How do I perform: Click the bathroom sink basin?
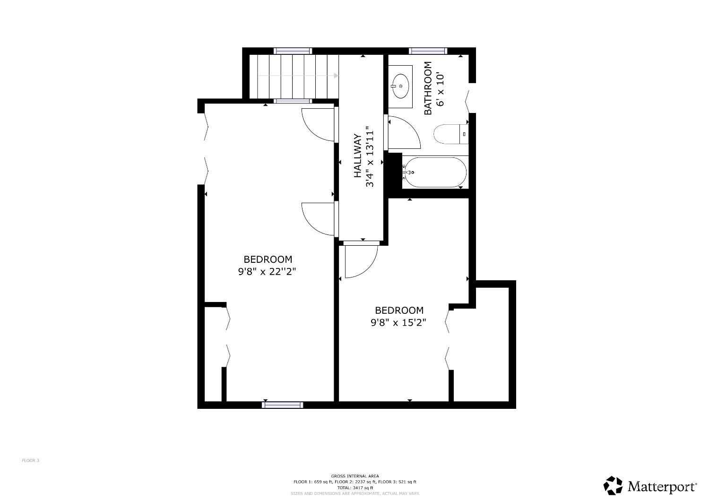pyautogui.click(x=401, y=86)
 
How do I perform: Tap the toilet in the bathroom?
pyautogui.click(x=451, y=134)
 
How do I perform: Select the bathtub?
pyautogui.click(x=435, y=173)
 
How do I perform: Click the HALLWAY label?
pyautogui.click(x=357, y=155)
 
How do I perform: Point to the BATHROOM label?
pyautogui.click(x=428, y=88)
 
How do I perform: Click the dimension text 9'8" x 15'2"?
pyautogui.click(x=398, y=322)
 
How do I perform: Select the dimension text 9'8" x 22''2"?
pyautogui.click(x=267, y=272)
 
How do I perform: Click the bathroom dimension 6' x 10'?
pyautogui.click(x=440, y=90)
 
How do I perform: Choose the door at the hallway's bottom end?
pyautogui.click(x=361, y=259)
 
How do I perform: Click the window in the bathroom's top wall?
pyautogui.click(x=428, y=51)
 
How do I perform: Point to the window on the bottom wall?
pyautogui.click(x=282, y=405)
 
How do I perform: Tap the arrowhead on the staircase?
pyautogui.click(x=336, y=76)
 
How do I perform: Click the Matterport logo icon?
pyautogui.click(x=613, y=485)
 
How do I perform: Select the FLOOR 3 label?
pyautogui.click(x=30, y=460)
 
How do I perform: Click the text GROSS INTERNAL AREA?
pyautogui.click(x=355, y=476)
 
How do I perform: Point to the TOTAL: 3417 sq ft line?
pyautogui.click(x=355, y=488)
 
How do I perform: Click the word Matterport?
pyautogui.click(x=662, y=487)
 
